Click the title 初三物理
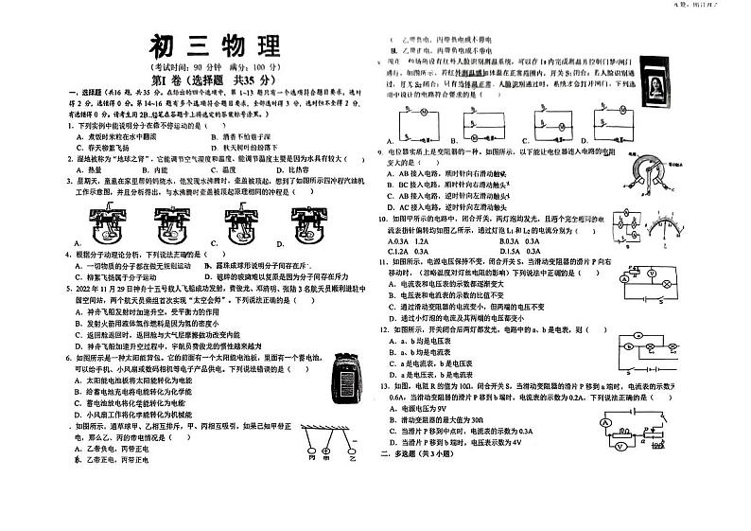pyautogui.click(x=214, y=47)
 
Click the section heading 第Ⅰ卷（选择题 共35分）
pyautogui.click(x=214, y=80)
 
